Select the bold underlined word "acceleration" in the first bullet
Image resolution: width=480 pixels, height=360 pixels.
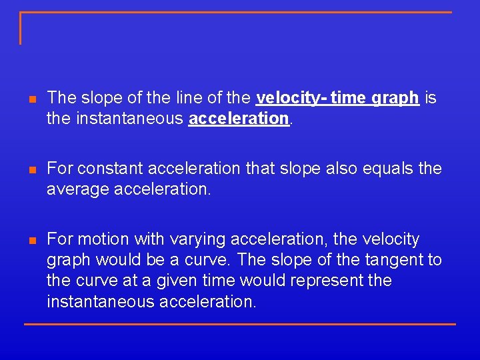click(239, 119)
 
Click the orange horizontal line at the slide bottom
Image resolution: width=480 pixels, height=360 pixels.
click(240, 324)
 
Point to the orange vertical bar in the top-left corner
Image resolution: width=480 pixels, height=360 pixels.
click(21, 28)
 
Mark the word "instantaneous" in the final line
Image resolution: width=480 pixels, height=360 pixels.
click(101, 301)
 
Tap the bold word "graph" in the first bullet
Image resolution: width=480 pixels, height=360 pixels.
click(395, 98)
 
